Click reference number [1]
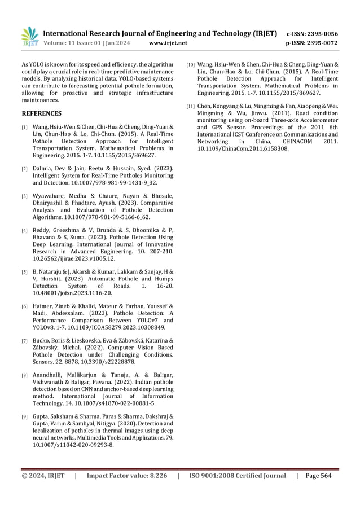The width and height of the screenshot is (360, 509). [x=25, y=128]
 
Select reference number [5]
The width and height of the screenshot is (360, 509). [x=25, y=273]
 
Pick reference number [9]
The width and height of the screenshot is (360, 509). [x=25, y=417]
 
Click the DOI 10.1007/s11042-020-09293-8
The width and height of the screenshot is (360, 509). [x=74, y=445]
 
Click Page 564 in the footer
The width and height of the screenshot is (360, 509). [x=319, y=476]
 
